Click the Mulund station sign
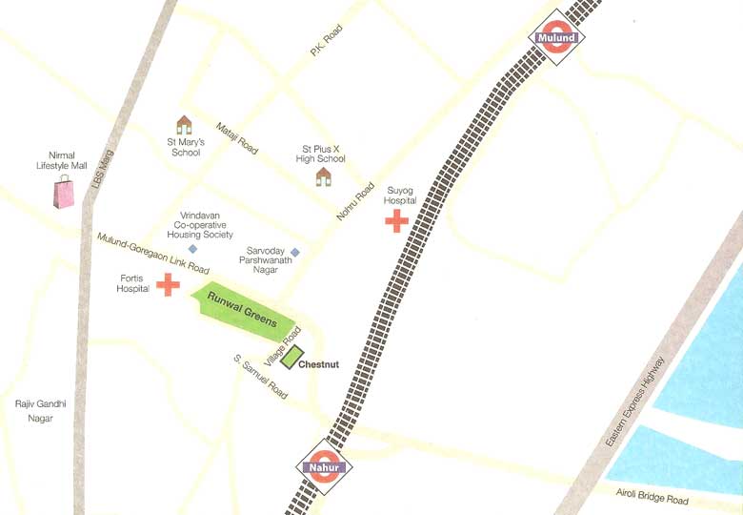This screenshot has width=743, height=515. tap(556, 38)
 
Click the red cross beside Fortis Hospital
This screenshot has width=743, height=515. tap(168, 284)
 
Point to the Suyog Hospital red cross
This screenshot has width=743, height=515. tap(396, 222)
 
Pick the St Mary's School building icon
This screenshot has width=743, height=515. tap(184, 125)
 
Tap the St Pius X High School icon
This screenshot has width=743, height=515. tap(324, 176)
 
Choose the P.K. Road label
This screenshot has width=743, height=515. tap(326, 41)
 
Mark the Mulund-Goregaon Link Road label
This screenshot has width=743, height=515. tap(152, 253)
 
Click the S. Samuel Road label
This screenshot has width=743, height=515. tap(260, 376)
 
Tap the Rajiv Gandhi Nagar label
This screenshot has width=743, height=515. tap(41, 411)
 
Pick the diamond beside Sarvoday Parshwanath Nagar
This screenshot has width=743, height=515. tap(295, 253)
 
